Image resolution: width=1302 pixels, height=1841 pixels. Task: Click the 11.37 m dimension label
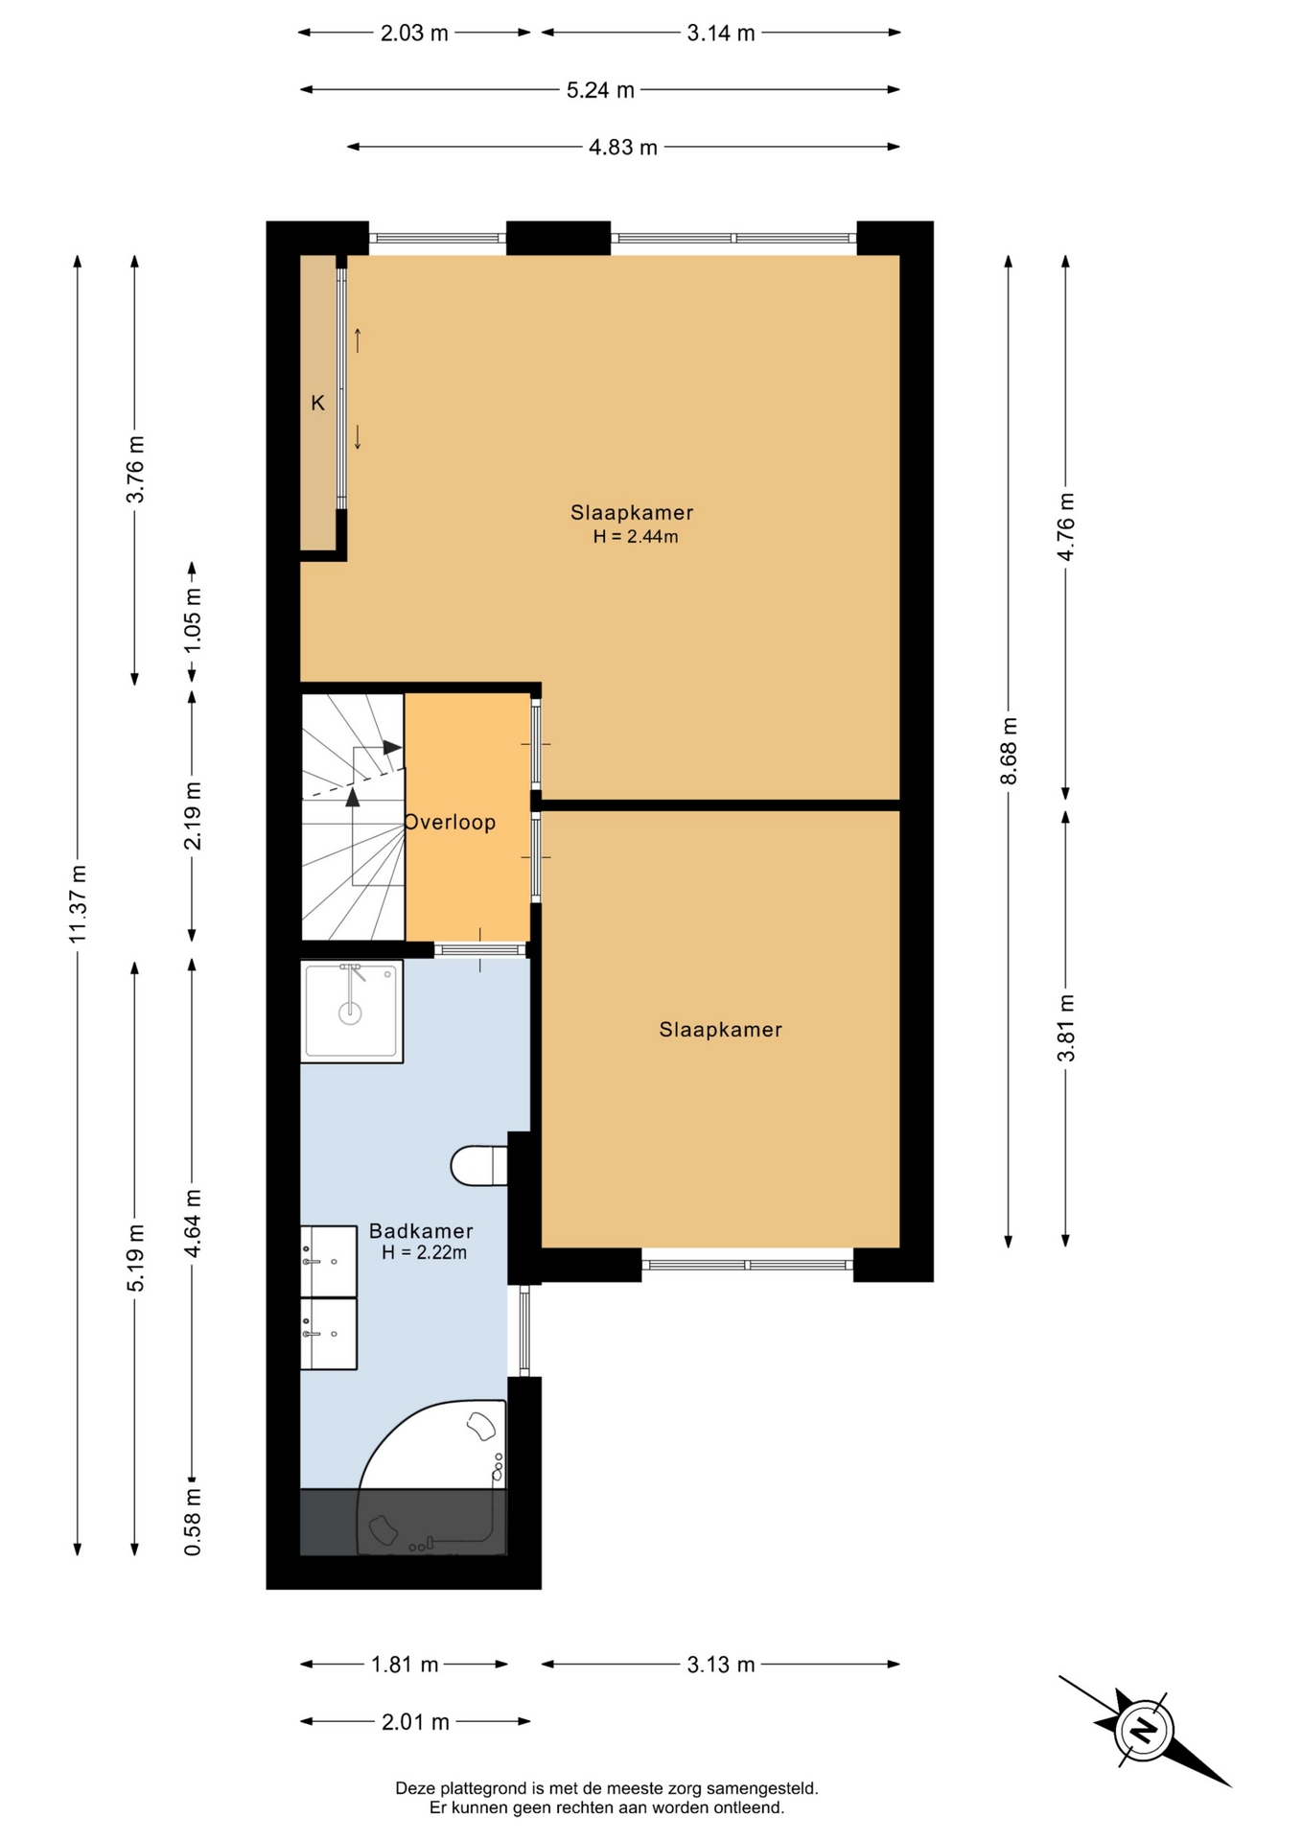[78, 903]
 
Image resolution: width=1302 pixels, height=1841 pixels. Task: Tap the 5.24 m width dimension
[600, 90]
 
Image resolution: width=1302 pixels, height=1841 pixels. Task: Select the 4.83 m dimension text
[623, 147]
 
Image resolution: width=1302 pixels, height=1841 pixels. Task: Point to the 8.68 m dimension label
[1009, 751]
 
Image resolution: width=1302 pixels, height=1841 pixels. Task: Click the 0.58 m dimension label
[193, 1521]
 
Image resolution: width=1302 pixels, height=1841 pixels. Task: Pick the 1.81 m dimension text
[405, 1665]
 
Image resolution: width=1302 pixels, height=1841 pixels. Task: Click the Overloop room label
[450, 822]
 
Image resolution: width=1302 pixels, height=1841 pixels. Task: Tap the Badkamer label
[421, 1230]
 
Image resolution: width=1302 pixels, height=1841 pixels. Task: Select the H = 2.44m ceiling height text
[635, 537]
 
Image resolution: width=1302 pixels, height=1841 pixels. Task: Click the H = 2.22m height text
[424, 1252]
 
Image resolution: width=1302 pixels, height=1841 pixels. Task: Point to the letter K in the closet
[317, 404]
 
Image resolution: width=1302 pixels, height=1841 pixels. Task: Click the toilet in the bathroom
[478, 1166]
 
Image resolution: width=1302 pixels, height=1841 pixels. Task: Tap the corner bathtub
[431, 1477]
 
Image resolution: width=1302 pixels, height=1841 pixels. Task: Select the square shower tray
[351, 1011]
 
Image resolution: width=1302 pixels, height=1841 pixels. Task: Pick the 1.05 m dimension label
[193, 619]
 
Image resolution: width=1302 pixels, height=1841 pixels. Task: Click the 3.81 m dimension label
[1066, 1028]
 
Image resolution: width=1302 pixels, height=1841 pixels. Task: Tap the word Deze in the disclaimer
[414, 1788]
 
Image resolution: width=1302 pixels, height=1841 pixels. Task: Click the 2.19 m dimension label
[193, 815]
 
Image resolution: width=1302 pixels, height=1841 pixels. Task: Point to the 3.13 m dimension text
[721, 1665]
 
